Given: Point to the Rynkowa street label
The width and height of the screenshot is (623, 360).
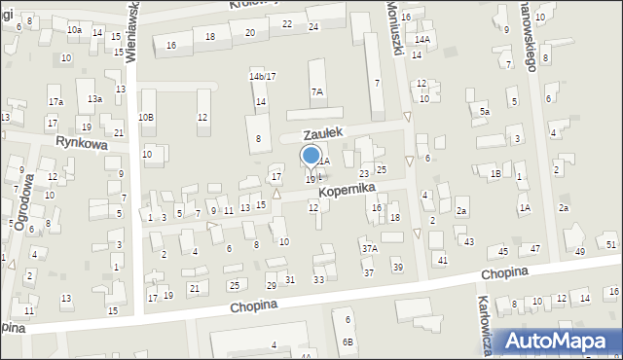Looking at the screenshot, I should point(80,142).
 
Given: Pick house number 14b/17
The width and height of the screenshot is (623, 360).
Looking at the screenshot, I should point(262,76).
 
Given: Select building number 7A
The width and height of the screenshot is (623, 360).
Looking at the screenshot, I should point(317,91).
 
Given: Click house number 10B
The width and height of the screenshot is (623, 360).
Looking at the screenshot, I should point(145,118).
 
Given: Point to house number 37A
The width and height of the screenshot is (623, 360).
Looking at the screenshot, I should point(370,249).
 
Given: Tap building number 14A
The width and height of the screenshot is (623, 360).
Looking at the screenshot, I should point(421,39).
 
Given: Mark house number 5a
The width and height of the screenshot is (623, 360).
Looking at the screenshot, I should point(484,112).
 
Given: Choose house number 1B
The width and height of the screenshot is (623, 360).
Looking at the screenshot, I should point(495,173).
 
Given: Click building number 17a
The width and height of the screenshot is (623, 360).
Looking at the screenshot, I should point(55,102).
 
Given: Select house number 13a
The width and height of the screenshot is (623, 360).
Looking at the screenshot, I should point(93,99).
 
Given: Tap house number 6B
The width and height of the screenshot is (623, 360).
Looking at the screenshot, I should point(348,342).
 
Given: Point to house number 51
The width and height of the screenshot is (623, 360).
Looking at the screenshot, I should point(610,244).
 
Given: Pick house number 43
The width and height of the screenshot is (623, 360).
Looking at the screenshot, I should point(469,241).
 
